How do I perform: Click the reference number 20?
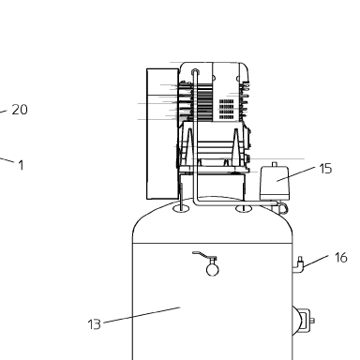[x=20, y=110]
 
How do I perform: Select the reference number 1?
[x=21, y=165]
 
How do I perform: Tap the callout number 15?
[x=325, y=169]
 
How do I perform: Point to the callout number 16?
[x=340, y=258]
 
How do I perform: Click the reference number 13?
[x=95, y=324]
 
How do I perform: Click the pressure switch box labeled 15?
[x=275, y=184]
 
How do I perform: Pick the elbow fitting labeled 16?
[x=298, y=265]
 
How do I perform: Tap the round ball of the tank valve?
[x=213, y=270]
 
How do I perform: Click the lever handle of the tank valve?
[x=201, y=254]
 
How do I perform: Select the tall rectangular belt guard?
[x=162, y=134]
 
